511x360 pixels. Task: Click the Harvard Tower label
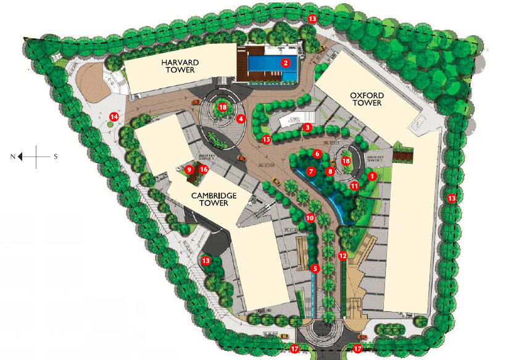click(179, 66)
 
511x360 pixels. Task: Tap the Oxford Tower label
click(367, 99)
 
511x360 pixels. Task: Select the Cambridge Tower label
click(215, 198)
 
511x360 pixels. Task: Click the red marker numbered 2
click(286, 62)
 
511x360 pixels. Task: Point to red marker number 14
click(114, 116)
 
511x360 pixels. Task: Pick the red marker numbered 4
click(241, 118)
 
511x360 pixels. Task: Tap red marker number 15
click(266, 140)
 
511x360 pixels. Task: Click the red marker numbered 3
click(307, 127)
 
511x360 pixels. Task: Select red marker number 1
click(372, 175)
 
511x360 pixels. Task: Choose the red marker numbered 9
click(190, 169)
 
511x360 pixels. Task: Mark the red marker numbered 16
click(203, 169)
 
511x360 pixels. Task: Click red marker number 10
click(310, 218)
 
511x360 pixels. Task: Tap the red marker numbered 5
click(315, 269)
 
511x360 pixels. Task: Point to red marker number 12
click(343, 255)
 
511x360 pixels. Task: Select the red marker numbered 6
click(317, 153)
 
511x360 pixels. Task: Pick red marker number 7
click(312, 171)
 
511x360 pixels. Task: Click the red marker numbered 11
click(354, 185)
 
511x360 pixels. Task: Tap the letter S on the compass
click(56, 157)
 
